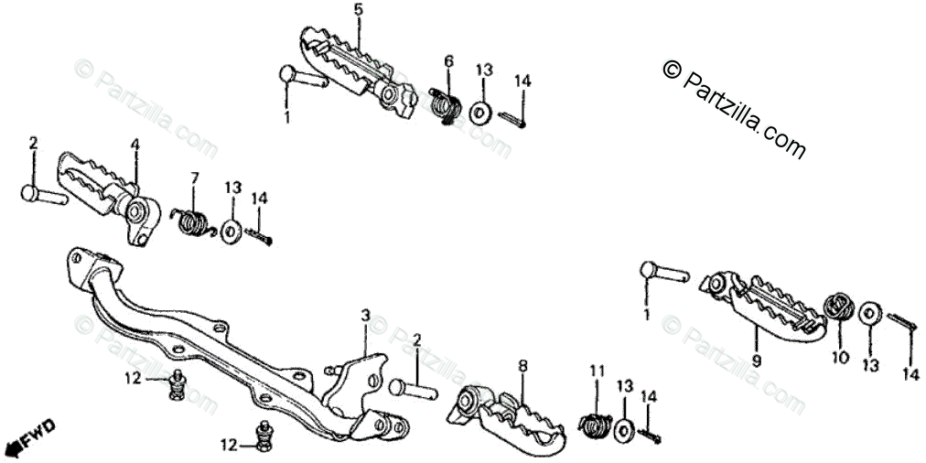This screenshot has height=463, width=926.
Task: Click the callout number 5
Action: [x=358, y=10]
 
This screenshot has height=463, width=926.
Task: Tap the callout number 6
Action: [x=448, y=61]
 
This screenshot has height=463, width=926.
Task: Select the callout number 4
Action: [x=135, y=144]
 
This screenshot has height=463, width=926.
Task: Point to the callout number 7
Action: [x=194, y=177]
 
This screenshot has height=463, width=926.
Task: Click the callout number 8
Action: [x=522, y=366]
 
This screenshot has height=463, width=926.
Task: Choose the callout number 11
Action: [x=597, y=371]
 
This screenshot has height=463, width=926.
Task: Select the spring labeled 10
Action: [x=837, y=307]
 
